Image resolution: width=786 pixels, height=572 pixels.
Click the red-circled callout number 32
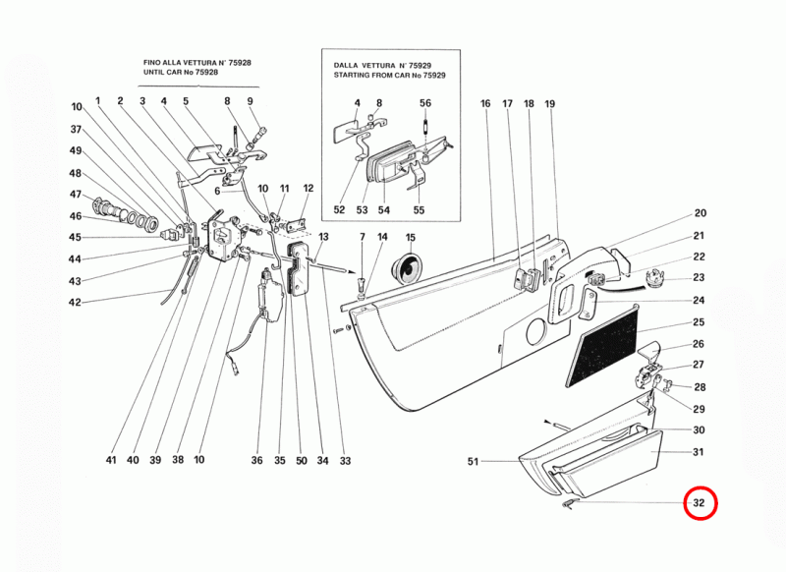pyautogui.click(x=702, y=505)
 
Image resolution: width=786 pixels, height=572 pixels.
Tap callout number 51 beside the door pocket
pyautogui.click(x=473, y=461)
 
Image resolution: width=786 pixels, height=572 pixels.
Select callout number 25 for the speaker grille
pyautogui.click(x=700, y=322)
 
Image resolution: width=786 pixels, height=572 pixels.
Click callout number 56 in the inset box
pyautogui.click(x=425, y=103)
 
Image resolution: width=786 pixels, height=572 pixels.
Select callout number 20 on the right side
pyautogui.click(x=700, y=213)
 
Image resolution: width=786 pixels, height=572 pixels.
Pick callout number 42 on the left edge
pyautogui.click(x=75, y=303)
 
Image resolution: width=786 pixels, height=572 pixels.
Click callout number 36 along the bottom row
pyautogui.click(x=257, y=460)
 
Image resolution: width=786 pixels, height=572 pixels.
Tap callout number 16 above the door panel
pyautogui.click(x=485, y=103)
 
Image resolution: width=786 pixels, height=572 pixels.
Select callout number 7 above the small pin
pyautogui.click(x=362, y=238)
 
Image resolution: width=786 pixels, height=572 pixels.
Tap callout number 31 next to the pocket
pyautogui.click(x=700, y=452)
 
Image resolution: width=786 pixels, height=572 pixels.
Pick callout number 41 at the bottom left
pyautogui.click(x=111, y=460)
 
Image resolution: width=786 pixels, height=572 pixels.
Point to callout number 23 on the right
pyautogui.click(x=700, y=278)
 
